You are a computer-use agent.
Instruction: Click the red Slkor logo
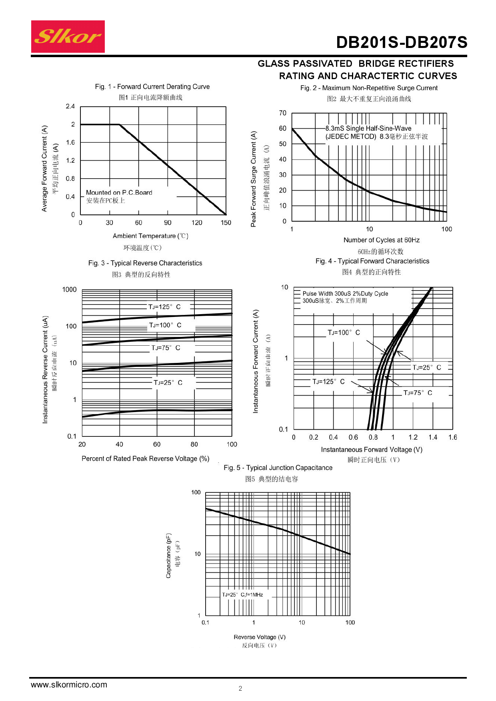(x=68, y=37)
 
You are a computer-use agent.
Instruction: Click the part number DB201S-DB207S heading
(x=401, y=42)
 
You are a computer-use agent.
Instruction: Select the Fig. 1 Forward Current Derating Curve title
(x=152, y=87)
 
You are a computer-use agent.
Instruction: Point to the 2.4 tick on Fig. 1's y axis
(x=70, y=106)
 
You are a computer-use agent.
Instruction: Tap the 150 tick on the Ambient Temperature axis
(x=226, y=223)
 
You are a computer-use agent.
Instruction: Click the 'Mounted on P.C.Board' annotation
(x=119, y=193)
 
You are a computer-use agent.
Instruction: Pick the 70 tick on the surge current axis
(x=283, y=113)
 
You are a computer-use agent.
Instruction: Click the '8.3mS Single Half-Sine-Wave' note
(x=368, y=128)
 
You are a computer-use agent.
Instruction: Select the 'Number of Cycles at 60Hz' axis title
(x=382, y=240)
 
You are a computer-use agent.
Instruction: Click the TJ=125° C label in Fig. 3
(x=164, y=307)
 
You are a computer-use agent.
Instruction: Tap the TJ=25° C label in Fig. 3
(x=168, y=383)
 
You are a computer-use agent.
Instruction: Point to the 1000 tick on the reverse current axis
(x=69, y=290)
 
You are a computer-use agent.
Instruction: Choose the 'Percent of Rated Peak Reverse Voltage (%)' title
(x=146, y=459)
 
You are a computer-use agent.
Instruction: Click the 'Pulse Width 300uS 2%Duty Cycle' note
(x=345, y=294)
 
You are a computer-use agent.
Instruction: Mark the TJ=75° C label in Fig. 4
(x=418, y=393)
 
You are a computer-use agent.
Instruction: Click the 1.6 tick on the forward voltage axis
(x=452, y=438)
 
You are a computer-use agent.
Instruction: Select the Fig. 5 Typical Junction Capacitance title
(x=278, y=468)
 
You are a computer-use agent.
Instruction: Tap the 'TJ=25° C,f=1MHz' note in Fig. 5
(x=242, y=595)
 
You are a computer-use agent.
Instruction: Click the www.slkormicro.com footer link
(x=69, y=685)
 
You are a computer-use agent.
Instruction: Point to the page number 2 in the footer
(x=240, y=688)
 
